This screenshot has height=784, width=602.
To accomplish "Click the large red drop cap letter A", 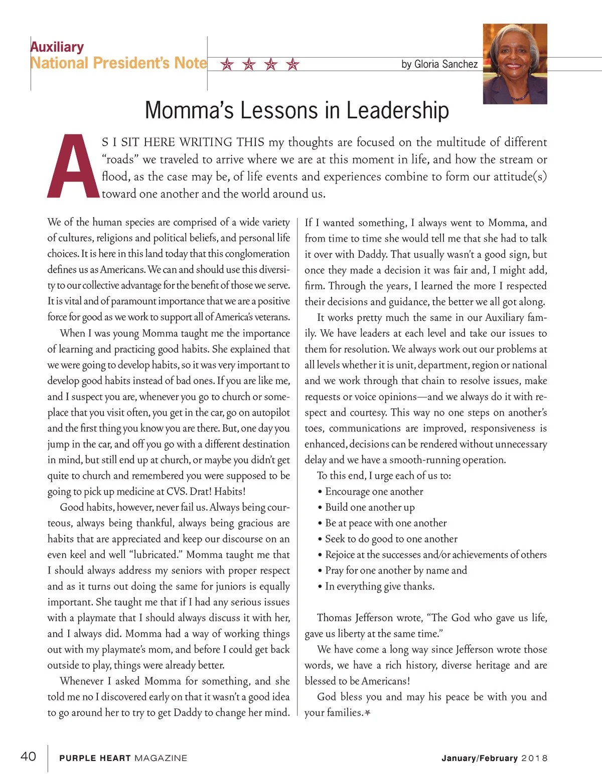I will click(73, 167).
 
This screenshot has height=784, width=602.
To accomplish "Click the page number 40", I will click(28, 756).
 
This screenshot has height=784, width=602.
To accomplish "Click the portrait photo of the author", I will click(515, 64).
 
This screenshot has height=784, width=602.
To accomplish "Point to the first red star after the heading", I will click(227, 64).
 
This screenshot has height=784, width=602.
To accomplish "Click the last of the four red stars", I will click(293, 64).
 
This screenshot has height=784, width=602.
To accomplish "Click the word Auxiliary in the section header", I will click(57, 47).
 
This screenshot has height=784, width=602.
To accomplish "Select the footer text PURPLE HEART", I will click(95, 758).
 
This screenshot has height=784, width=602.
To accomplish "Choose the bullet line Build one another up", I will click(370, 507).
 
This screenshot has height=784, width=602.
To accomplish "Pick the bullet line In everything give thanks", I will click(380, 586).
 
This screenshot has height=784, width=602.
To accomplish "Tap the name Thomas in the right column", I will click(334, 618).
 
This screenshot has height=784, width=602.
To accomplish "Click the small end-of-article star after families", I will click(368, 712).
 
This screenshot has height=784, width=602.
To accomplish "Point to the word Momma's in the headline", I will click(190, 111).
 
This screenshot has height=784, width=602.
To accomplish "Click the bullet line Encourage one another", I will click(374, 491).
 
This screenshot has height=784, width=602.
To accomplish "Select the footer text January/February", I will click(479, 758).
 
